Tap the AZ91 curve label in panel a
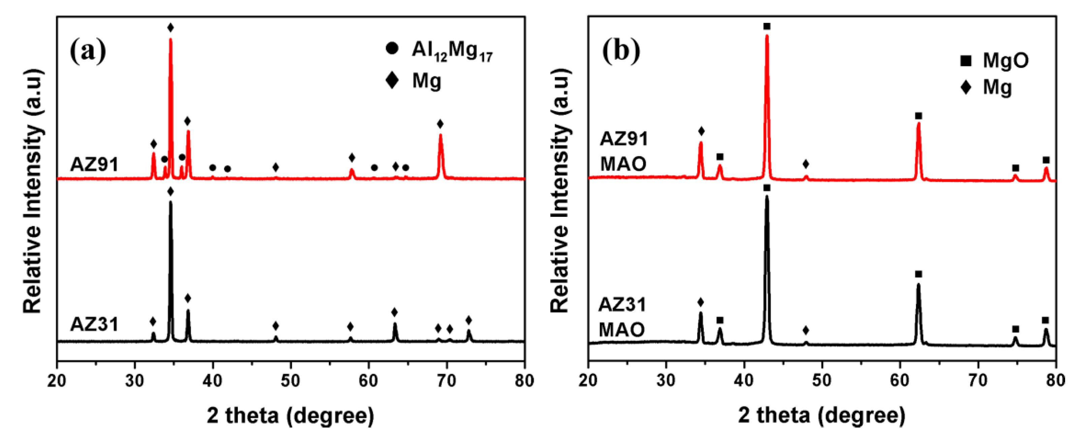pos(94,164)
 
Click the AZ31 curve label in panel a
pos(94,324)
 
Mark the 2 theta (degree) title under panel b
pos(821,415)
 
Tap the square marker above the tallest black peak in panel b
pos(767,187)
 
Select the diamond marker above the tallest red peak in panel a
pos(170,28)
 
